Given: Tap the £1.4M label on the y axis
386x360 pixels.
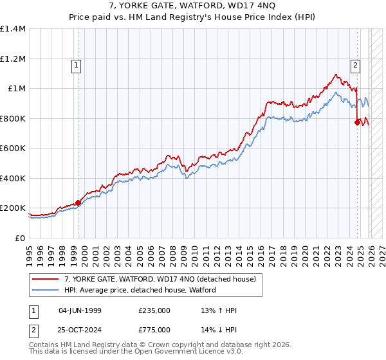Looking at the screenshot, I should tap(13, 29).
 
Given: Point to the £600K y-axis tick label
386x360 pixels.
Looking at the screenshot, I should tap(13, 148).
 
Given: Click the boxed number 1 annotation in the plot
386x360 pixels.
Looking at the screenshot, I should tap(77, 64).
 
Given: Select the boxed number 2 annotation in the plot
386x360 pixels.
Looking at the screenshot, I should tap(355, 64).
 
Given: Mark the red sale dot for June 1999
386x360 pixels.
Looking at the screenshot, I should tap(78, 203).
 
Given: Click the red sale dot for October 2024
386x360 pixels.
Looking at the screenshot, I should tap(357, 122).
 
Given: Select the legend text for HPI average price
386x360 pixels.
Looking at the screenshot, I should tap(140, 290).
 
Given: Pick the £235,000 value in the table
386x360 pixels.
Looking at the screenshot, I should tap(154, 310).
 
